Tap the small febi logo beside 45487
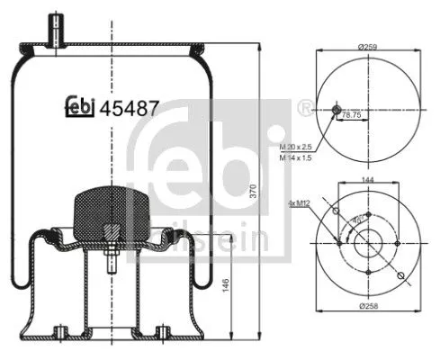(81, 109)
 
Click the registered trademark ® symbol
(309, 107)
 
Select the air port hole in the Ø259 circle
(337, 110)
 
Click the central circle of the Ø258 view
(368, 242)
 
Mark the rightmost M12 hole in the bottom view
(398, 242)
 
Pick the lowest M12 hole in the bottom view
(368, 272)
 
